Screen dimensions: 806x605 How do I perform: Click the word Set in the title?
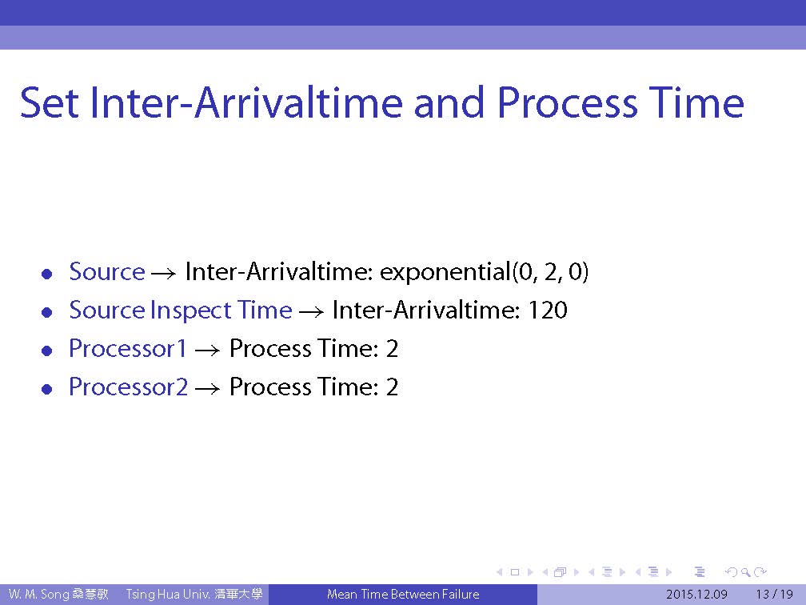50,103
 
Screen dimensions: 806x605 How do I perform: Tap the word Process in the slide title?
568,103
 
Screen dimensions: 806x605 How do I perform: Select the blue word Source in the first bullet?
107,271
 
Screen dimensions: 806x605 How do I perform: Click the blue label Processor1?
127,348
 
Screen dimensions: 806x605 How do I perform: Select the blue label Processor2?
129,387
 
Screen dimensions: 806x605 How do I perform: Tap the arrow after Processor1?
208,351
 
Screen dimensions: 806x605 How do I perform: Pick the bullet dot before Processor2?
47,390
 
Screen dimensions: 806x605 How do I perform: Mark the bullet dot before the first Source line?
47,274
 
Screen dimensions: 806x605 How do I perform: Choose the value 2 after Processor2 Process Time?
392,387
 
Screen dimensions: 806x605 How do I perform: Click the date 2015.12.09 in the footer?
696,595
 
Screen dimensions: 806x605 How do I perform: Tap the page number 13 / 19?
775,595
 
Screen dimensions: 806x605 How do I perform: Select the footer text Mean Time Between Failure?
403,595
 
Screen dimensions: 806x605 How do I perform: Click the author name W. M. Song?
38,595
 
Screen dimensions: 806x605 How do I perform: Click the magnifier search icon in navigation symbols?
745,572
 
